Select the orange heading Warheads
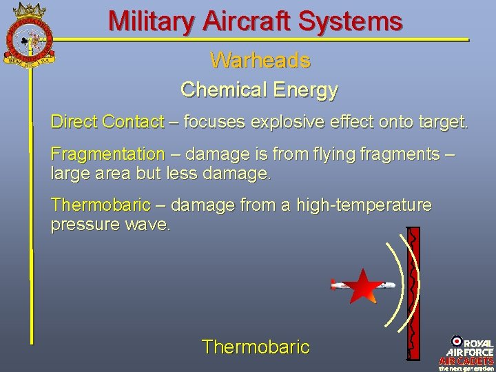[x=260, y=61]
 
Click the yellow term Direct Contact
[x=107, y=123]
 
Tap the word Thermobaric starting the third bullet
[x=100, y=205]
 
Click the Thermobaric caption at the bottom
[x=256, y=347]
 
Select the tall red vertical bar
[x=413, y=293]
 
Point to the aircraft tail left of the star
[x=337, y=285]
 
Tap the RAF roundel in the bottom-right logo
[x=456, y=341]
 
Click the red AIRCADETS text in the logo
[x=466, y=360]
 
